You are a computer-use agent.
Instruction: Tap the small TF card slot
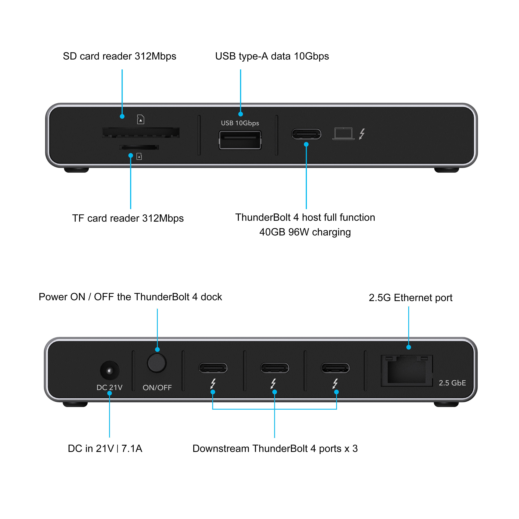[139, 147]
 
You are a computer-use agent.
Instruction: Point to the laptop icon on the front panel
[343, 134]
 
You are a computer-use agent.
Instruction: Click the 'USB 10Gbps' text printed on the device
[240, 123]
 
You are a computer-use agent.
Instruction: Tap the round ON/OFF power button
[157, 363]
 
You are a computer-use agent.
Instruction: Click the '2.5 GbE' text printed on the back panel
[452, 383]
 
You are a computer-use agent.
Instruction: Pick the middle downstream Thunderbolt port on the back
[274, 368]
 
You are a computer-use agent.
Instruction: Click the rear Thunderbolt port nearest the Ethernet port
[335, 368]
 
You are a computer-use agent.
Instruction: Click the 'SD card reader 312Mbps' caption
[120, 56]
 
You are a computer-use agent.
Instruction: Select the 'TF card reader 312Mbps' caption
[128, 218]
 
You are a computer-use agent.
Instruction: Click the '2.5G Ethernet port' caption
[410, 298]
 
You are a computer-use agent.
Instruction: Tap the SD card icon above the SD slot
[141, 119]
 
